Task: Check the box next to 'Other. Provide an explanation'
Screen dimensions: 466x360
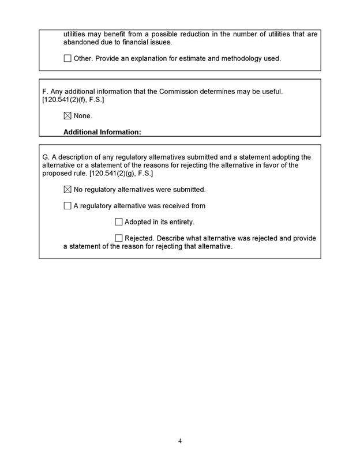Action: coord(67,58)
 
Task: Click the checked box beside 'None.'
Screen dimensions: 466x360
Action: coord(67,116)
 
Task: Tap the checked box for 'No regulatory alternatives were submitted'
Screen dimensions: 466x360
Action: coord(67,189)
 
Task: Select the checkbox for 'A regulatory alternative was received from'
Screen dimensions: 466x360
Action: coord(67,206)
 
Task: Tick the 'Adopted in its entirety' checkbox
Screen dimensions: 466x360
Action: coord(119,222)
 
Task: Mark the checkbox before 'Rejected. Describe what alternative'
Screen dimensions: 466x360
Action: coord(119,238)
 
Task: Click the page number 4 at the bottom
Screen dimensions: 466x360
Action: coord(180,441)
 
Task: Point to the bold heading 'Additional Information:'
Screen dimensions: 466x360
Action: coord(102,132)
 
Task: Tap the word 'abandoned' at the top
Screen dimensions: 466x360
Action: coord(84,42)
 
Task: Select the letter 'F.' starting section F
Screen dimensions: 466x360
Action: coord(46,92)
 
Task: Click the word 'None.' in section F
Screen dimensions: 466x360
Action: coord(83,116)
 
